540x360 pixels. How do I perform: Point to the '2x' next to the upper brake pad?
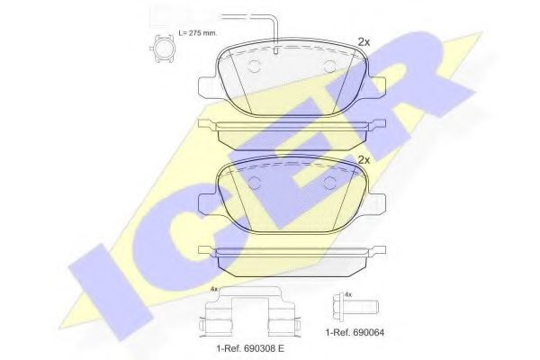364,41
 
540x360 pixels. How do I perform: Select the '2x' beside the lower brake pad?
364,159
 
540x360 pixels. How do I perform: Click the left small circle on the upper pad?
253,66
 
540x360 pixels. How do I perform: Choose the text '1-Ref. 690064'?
354,334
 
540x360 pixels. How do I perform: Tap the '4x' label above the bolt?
348,293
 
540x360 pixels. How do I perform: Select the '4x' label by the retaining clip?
213,289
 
